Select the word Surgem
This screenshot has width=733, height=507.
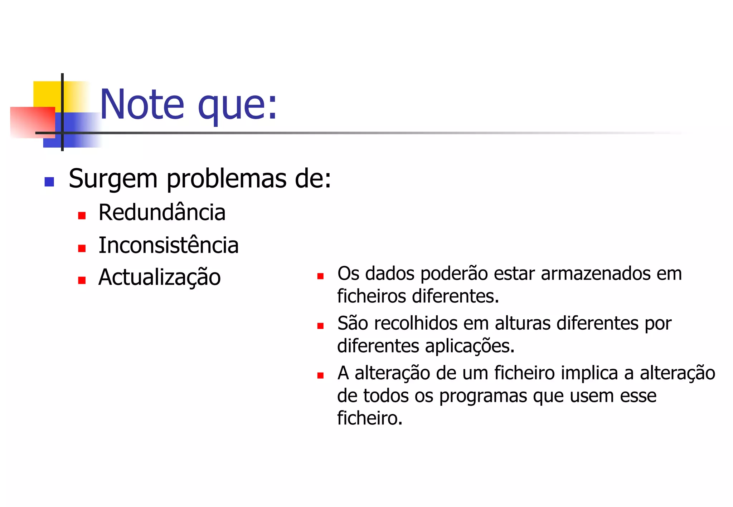click(x=113, y=179)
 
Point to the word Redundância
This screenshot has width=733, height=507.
click(x=162, y=213)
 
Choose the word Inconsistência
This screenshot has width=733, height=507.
click(x=168, y=246)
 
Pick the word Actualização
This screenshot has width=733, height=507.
click(x=159, y=278)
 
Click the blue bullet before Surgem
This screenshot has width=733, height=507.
click(x=49, y=182)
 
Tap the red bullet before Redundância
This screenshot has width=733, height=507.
click(x=82, y=216)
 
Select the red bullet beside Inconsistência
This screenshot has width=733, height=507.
click(x=82, y=248)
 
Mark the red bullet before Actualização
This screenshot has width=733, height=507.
click(x=82, y=280)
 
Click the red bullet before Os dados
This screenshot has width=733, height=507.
click(x=320, y=276)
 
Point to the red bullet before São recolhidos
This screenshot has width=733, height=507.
click(x=320, y=326)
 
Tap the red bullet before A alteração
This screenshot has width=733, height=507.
click(x=320, y=375)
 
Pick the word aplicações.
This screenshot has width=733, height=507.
click(x=470, y=346)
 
